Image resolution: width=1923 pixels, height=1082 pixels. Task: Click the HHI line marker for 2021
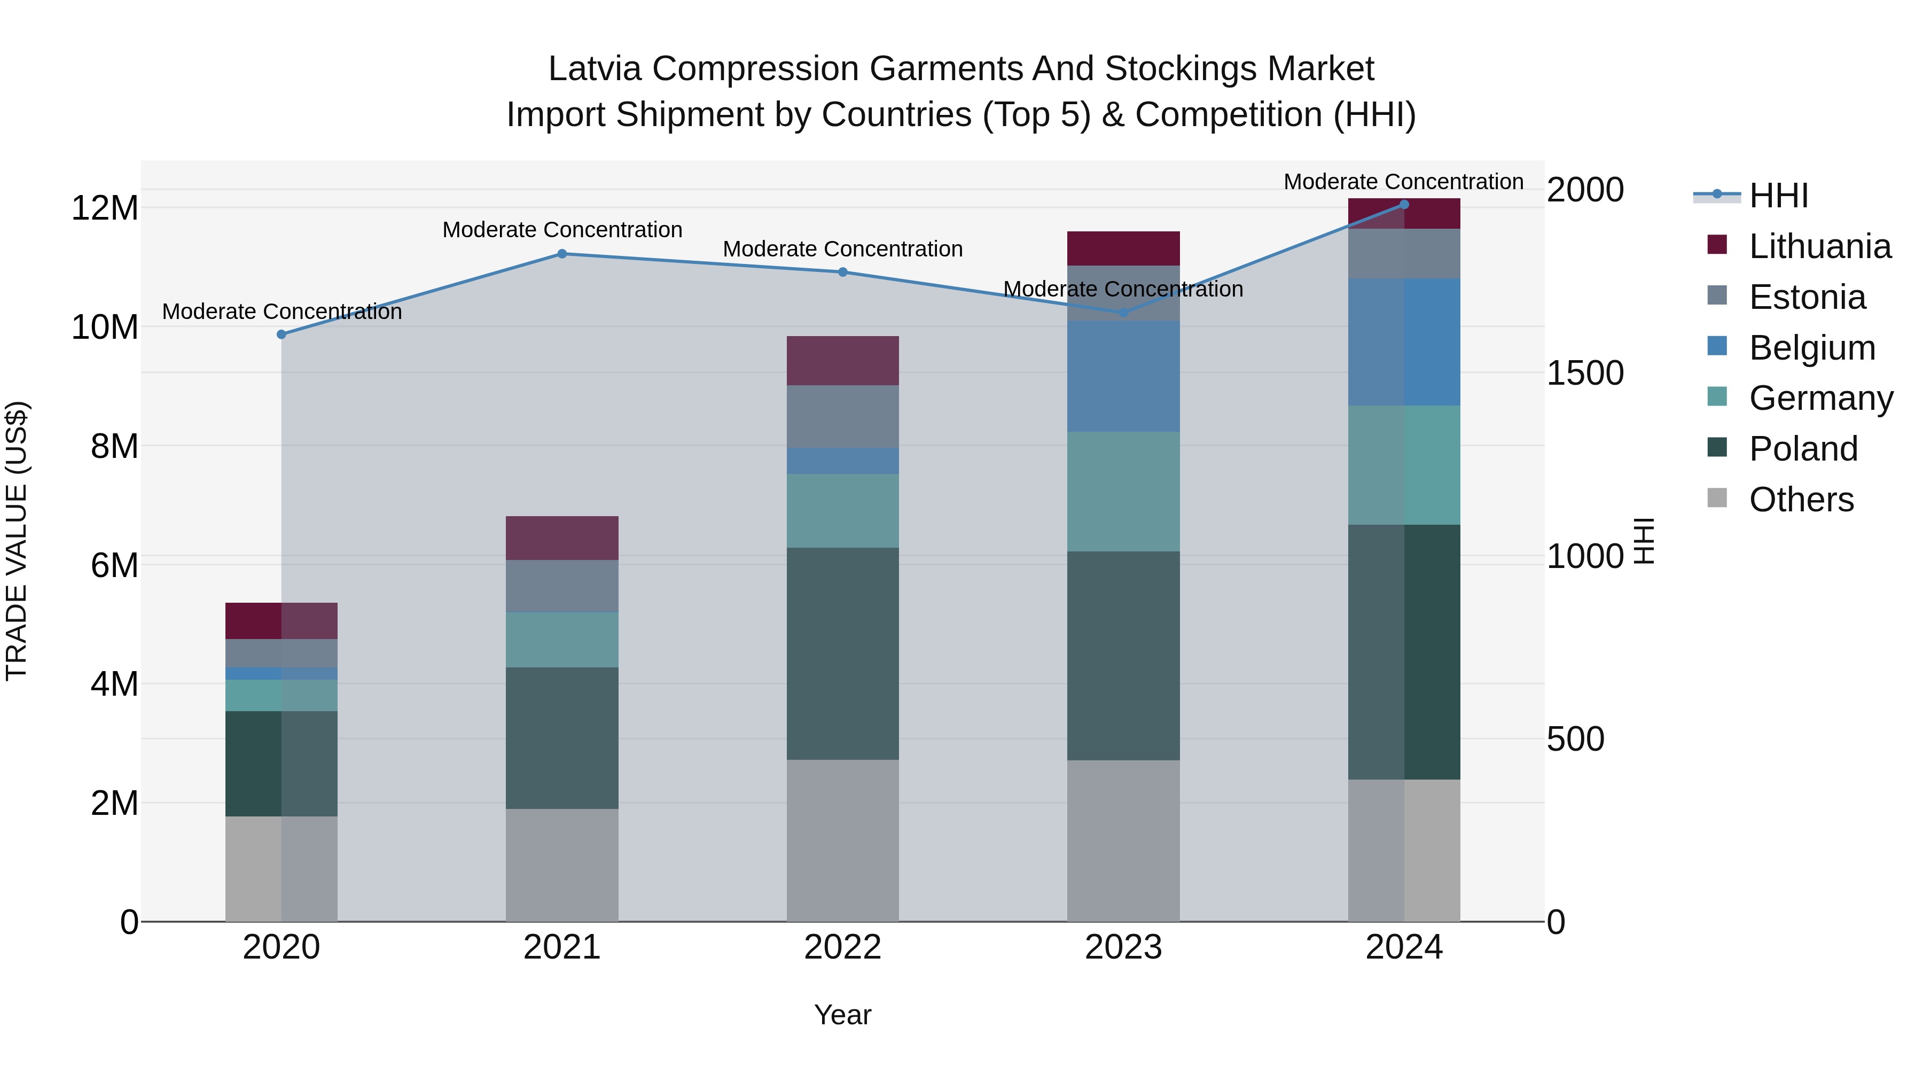point(562,254)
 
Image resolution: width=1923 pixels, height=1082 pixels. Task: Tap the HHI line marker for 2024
point(1403,205)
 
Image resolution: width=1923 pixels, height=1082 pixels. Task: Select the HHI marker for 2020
point(282,334)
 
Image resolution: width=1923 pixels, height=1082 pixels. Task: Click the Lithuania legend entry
point(1819,246)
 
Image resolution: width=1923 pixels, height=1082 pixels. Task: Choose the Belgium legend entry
point(1812,348)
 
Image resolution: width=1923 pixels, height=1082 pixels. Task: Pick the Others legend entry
point(1801,500)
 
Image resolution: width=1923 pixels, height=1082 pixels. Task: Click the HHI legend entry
point(1778,196)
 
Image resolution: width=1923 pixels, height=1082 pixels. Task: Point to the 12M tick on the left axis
point(105,208)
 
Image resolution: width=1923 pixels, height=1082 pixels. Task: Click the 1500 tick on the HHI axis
point(1584,373)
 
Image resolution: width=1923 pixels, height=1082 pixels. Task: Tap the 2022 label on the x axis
point(843,947)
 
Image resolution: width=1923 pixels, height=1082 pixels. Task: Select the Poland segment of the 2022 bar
point(843,653)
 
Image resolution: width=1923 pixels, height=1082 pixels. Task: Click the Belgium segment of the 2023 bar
point(1123,376)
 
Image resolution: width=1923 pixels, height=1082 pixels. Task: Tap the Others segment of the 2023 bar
point(1123,841)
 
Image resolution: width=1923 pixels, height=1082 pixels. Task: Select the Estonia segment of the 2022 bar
point(843,417)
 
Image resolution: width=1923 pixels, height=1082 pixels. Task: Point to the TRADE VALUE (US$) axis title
point(17,541)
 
